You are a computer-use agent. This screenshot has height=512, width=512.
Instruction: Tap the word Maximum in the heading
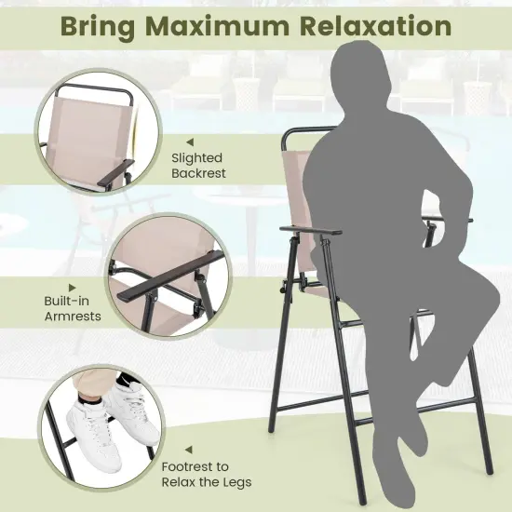[x=221, y=26]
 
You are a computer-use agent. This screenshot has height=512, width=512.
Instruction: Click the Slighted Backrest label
[x=198, y=165]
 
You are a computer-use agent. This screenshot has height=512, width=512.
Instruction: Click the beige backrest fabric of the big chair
[x=298, y=186]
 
